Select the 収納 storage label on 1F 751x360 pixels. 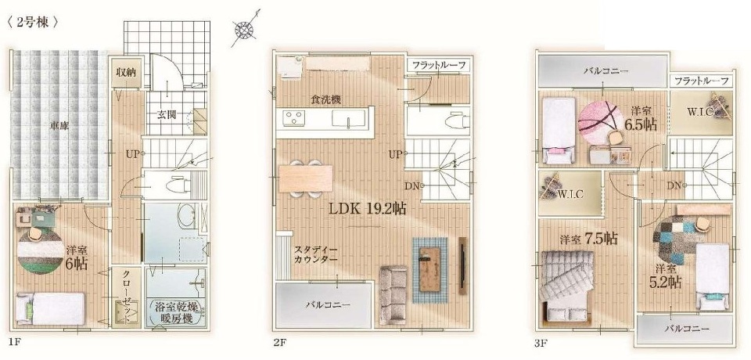tap(125, 73)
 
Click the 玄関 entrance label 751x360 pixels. tap(166, 114)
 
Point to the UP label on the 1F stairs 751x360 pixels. tap(132, 154)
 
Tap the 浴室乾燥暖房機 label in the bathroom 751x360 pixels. tap(177, 312)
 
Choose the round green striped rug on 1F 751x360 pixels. tap(40, 250)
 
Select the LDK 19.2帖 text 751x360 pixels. tap(368, 208)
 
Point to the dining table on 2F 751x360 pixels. tap(306, 178)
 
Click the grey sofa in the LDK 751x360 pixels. tap(393, 294)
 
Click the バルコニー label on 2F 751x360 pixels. tap(328, 304)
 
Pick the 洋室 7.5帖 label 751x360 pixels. tap(588, 238)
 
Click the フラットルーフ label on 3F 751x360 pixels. tap(702, 81)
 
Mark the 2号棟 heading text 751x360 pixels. tap(33, 23)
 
